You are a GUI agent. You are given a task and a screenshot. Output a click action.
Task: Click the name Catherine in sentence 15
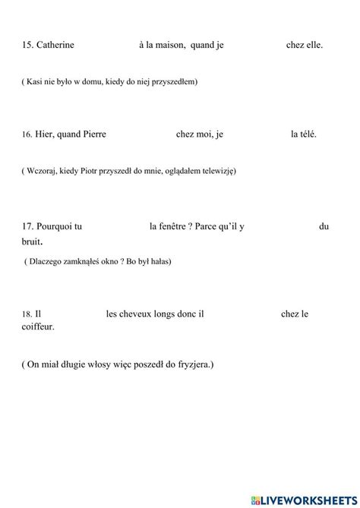55,46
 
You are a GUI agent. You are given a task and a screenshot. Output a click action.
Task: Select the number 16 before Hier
27,135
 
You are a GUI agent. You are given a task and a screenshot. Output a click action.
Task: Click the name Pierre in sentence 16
92,134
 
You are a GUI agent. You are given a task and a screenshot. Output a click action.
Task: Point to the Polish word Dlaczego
49,262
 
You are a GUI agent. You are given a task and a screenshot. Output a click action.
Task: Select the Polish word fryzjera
193,364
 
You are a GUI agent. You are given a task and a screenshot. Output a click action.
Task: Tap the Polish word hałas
159,262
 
